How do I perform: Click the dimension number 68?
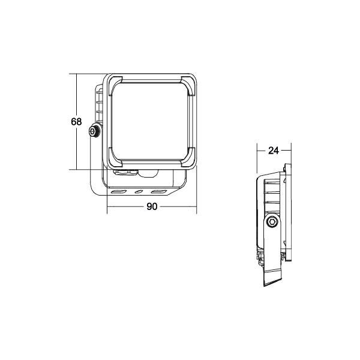76,122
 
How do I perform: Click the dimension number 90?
152,207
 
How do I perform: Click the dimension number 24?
274,151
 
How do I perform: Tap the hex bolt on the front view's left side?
94,132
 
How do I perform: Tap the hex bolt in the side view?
272,222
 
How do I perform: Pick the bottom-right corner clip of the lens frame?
189,160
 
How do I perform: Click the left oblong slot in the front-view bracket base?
119,192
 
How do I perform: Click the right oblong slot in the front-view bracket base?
158,192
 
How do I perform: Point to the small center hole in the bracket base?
139,192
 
